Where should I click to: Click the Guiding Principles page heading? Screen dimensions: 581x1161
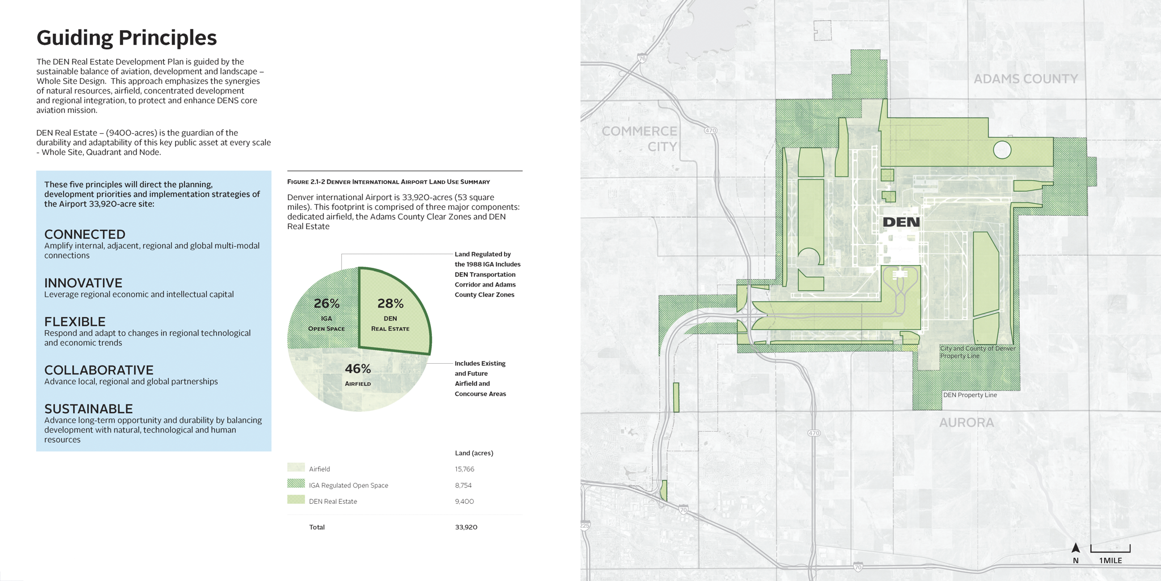coord(126,38)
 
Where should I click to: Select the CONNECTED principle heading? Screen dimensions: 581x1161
coord(85,234)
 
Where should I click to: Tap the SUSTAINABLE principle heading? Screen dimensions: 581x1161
coord(88,409)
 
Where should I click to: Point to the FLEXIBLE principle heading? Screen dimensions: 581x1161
coord(75,322)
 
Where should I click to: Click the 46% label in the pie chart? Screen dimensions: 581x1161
coord(358,369)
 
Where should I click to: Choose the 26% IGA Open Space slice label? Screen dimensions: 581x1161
coord(327,304)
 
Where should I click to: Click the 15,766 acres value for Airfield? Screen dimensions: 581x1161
coord(464,469)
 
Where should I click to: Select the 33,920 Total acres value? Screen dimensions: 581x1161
coord(466,527)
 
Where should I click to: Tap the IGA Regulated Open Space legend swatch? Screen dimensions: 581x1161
coord(296,483)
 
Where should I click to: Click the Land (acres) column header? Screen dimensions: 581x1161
coord(474,453)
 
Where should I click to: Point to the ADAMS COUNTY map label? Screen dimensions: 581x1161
coord(1026,79)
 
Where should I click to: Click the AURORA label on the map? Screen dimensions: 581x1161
coord(967,423)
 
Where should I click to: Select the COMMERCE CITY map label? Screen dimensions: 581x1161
coord(639,138)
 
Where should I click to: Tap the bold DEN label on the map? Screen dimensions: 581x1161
coord(901,222)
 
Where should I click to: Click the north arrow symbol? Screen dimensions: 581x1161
coord(1075,548)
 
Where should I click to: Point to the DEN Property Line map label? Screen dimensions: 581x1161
coord(970,395)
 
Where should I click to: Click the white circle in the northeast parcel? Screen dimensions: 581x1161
coord(1002,150)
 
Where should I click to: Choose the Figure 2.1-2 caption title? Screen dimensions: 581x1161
coord(388,182)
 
